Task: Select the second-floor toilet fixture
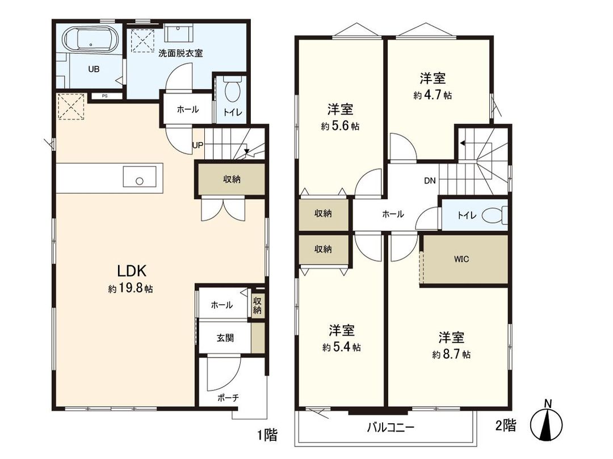492,215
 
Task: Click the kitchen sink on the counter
139,178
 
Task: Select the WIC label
461,259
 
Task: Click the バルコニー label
390,427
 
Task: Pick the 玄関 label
225,338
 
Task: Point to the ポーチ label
228,398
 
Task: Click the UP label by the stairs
198,145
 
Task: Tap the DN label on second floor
430,181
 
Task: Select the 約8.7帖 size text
451,355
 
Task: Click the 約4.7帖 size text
433,96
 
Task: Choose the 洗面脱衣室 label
180,53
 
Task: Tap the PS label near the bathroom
104,96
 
